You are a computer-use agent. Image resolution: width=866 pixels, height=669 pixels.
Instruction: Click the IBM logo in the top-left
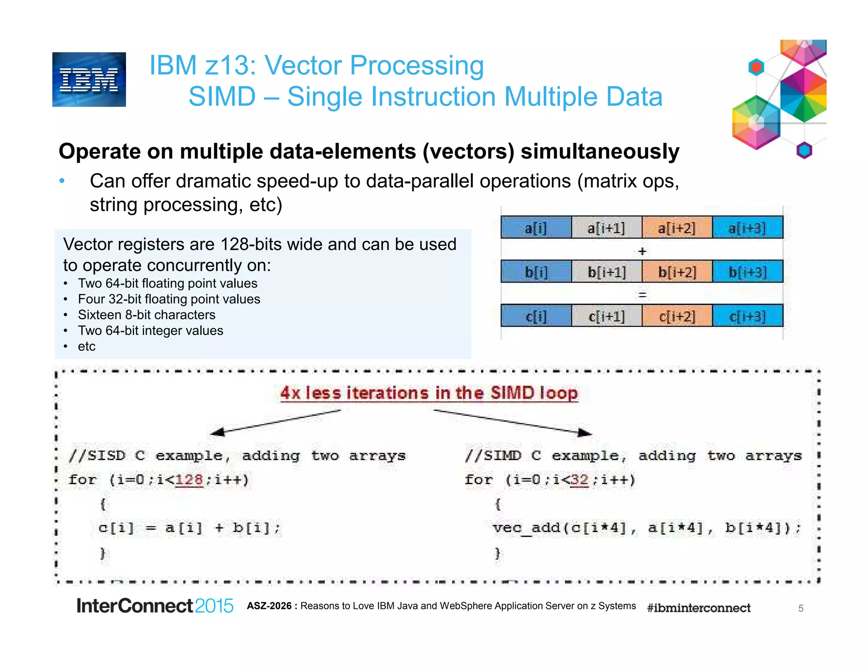(89, 80)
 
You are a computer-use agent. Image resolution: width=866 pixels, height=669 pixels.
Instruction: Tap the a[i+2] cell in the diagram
(677, 228)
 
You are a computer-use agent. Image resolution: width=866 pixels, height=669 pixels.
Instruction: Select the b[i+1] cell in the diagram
(606, 272)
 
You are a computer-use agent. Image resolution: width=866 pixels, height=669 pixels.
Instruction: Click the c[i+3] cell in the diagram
(747, 316)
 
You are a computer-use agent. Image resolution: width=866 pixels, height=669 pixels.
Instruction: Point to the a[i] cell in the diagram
(535, 228)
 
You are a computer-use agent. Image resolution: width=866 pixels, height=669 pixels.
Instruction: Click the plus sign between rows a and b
(642, 251)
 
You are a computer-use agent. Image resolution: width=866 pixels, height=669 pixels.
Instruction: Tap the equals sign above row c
(642, 295)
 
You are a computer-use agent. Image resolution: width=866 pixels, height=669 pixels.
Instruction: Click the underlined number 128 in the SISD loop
(189, 480)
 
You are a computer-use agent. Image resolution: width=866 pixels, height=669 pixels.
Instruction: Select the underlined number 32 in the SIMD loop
(579, 480)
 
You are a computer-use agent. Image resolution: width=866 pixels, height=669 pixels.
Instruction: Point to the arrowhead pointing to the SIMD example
(585, 432)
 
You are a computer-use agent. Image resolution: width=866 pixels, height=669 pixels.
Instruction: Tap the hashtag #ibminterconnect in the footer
(699, 608)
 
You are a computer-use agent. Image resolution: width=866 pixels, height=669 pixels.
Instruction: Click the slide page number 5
(800, 609)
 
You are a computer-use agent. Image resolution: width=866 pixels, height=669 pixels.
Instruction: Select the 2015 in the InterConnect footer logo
(214, 606)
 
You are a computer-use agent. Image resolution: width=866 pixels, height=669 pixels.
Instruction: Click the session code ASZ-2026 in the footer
(269, 606)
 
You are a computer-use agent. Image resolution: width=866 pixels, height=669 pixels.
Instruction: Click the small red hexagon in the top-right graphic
(756, 67)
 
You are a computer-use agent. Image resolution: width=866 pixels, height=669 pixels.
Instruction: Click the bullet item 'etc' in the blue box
(87, 346)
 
